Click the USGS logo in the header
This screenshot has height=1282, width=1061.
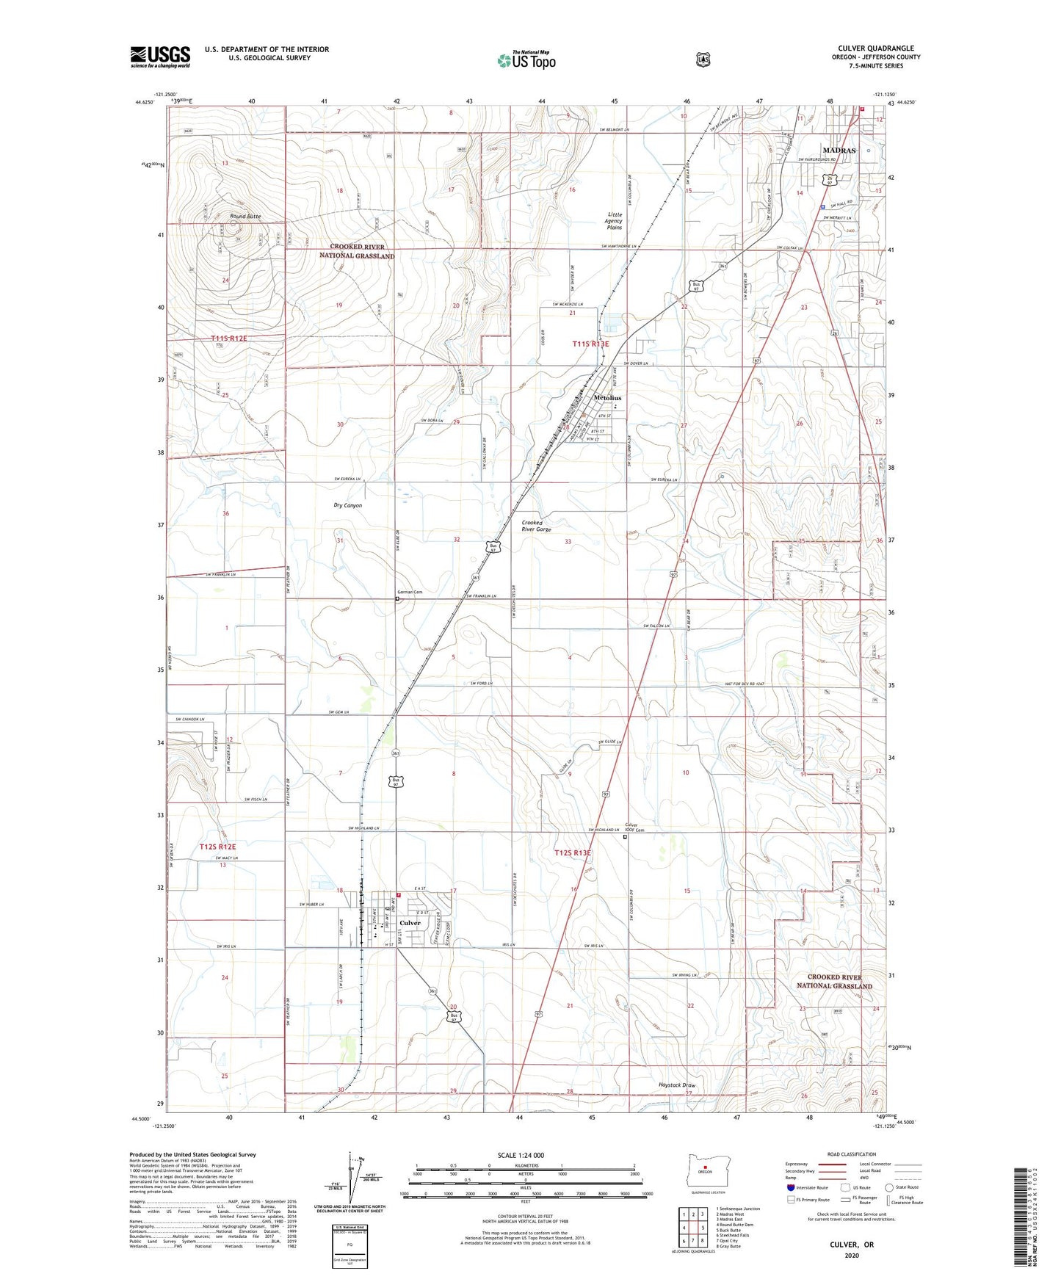pyautogui.click(x=160, y=57)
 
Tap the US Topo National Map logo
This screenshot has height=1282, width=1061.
pyautogui.click(x=525, y=60)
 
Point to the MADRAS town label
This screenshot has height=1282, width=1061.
pyautogui.click(x=839, y=150)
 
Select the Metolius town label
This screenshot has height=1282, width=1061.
pyautogui.click(x=607, y=398)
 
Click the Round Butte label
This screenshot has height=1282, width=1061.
pyautogui.click(x=245, y=217)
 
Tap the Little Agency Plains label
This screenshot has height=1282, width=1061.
pyautogui.click(x=614, y=221)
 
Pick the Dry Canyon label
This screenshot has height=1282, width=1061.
pyautogui.click(x=347, y=505)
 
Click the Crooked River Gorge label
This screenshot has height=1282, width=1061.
pyautogui.click(x=536, y=526)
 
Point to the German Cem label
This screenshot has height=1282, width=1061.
pyautogui.click(x=410, y=592)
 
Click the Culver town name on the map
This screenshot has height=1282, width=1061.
pyautogui.click(x=410, y=923)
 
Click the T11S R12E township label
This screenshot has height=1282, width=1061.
pyautogui.click(x=228, y=338)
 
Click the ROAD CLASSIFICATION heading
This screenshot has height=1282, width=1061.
pyautogui.click(x=851, y=1154)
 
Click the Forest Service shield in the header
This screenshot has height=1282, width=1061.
pyautogui.click(x=703, y=59)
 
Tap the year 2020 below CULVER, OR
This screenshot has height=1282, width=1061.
pyautogui.click(x=852, y=1255)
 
